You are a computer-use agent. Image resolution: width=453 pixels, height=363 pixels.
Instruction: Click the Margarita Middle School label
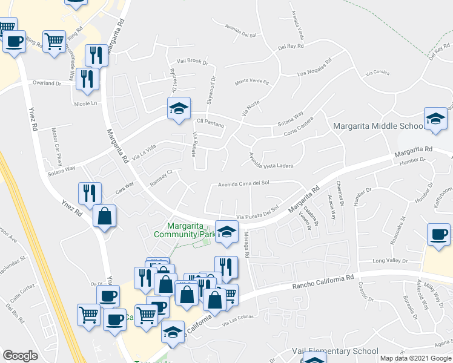pyautogui.click(x=379, y=126)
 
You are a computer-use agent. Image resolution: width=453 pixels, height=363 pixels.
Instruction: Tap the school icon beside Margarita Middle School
pyautogui.click(x=435, y=119)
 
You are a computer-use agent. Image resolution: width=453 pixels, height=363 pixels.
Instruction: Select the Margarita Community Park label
pyautogui.click(x=185, y=229)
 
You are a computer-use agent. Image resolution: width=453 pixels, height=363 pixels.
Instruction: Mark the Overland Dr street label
pyautogui.click(x=47, y=83)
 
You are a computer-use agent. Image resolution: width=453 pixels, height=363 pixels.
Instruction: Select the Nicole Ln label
pyautogui.click(x=85, y=103)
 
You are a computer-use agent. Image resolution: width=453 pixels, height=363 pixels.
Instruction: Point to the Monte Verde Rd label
pyautogui.click(x=251, y=81)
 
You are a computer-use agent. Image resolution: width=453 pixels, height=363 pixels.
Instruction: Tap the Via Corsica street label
pyautogui.click(x=377, y=73)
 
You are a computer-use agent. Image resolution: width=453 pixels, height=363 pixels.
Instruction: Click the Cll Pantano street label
pyautogui.click(x=211, y=125)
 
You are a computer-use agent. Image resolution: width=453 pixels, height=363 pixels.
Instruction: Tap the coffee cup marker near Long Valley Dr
pyautogui.click(x=438, y=235)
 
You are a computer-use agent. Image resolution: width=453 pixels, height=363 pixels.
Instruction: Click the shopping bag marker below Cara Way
pyautogui.click(x=105, y=216)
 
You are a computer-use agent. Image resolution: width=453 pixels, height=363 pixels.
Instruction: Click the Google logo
pyautogui.click(x=20, y=356)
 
